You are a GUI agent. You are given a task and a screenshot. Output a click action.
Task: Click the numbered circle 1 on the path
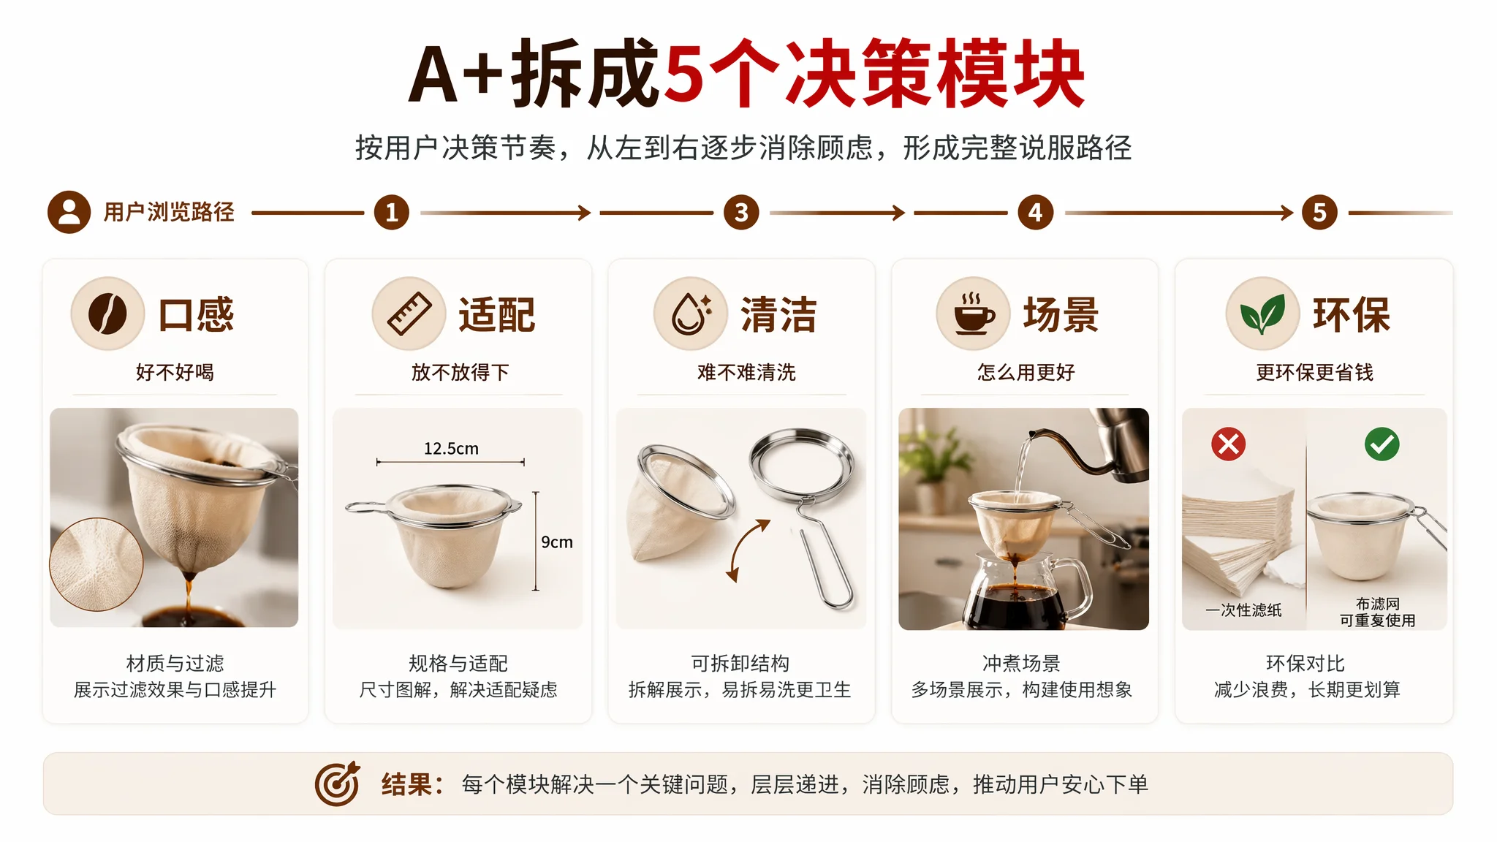[392, 213]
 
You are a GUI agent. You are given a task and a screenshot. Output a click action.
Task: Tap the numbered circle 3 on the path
[741, 213]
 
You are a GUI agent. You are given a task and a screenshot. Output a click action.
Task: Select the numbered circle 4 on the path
[1036, 213]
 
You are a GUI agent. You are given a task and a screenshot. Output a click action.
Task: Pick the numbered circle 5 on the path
[1319, 213]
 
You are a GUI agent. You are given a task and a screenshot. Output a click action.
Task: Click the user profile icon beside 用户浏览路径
[69, 213]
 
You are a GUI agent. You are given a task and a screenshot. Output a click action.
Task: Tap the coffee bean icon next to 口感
[107, 314]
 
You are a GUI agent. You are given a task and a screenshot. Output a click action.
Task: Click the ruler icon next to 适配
[409, 314]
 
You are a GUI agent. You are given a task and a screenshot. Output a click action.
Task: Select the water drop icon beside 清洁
[691, 314]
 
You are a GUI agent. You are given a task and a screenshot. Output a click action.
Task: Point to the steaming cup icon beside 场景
[973, 314]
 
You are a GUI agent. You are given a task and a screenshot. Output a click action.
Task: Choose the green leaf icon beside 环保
[1262, 314]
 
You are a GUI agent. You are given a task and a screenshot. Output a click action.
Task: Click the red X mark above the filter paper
[1229, 444]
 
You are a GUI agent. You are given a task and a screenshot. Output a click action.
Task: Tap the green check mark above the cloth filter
[1382, 444]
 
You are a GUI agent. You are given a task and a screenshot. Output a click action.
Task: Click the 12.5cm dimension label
[451, 449]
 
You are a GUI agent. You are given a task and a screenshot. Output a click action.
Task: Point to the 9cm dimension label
[557, 542]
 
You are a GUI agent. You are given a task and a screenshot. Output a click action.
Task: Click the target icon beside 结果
[337, 784]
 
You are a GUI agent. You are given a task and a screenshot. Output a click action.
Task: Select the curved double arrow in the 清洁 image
[747, 550]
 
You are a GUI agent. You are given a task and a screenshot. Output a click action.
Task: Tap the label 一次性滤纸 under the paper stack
[1243, 610]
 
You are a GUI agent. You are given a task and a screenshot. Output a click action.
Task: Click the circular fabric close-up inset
[96, 564]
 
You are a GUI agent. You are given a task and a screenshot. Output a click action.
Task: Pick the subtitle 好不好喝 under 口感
[175, 372]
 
